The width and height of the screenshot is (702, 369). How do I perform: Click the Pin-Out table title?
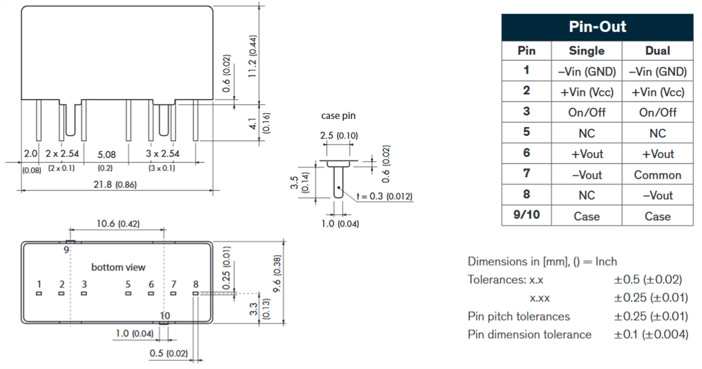point(597,26)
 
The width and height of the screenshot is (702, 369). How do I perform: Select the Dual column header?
point(658,51)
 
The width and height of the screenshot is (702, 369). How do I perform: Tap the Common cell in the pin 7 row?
point(658,175)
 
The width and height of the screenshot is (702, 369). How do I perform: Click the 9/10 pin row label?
point(526,216)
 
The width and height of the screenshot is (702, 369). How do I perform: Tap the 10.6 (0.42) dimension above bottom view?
point(118,224)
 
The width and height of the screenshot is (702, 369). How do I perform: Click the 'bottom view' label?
point(118,267)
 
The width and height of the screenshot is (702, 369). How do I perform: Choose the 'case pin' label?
point(338,116)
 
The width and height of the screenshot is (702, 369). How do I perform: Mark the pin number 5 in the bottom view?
point(128,285)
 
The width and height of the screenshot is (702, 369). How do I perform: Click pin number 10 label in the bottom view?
point(165,315)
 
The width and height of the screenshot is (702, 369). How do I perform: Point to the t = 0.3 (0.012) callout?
point(384,196)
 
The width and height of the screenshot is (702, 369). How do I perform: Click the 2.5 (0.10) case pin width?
point(339,136)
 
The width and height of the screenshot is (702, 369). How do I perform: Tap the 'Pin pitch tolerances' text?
point(519,317)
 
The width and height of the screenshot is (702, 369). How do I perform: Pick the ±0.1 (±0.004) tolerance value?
point(651,335)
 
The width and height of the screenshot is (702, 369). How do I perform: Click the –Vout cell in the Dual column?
point(658,196)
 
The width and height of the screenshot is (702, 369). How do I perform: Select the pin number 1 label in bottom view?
point(39,285)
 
